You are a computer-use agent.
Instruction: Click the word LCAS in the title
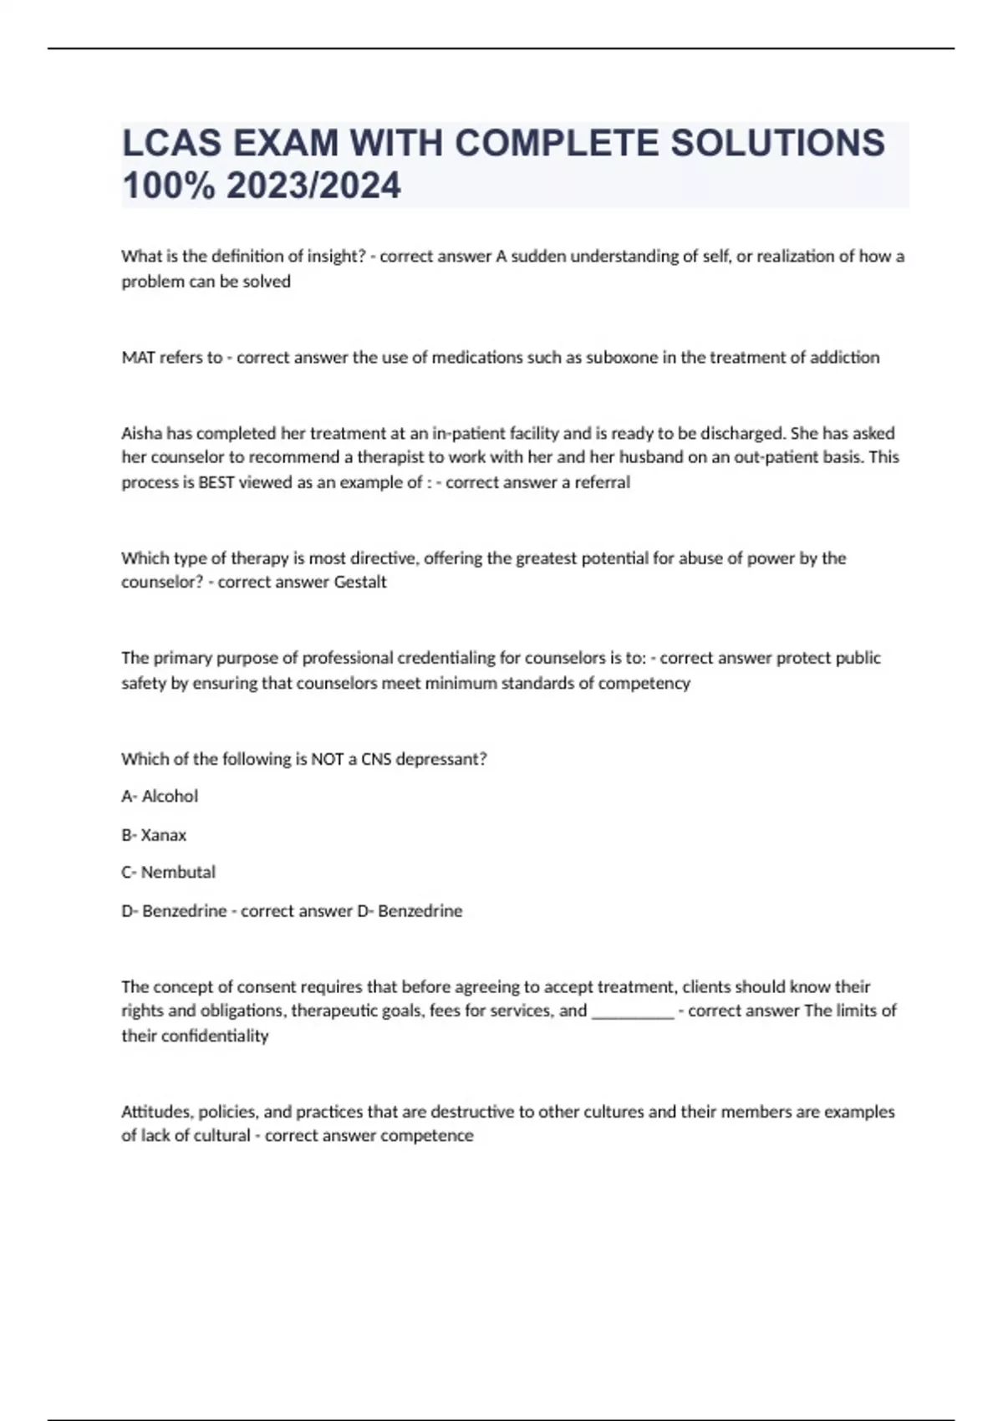171,143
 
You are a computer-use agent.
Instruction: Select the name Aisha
142,433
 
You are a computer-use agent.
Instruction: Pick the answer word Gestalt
360,582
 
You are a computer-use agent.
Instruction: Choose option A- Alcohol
160,797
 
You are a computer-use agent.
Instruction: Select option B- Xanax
154,835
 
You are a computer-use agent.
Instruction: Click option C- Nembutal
168,873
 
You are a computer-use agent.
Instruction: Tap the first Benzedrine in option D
184,911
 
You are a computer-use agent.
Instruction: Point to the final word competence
427,1136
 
